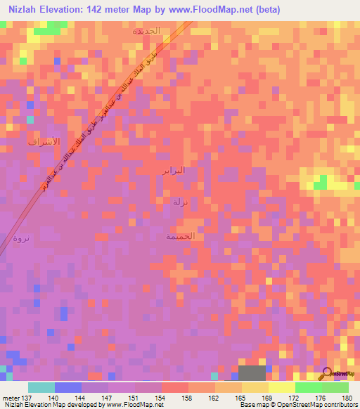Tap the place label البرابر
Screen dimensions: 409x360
click(x=172, y=170)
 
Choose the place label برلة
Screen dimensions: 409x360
click(x=181, y=202)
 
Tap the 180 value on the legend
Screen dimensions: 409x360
click(x=347, y=397)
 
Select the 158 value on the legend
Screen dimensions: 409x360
click(x=188, y=397)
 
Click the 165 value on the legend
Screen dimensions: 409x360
click(x=241, y=397)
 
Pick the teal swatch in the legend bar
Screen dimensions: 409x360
click(x=41, y=387)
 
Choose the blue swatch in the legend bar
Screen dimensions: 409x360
click(x=68, y=387)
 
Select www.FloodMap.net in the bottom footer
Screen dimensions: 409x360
click(x=133, y=405)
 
